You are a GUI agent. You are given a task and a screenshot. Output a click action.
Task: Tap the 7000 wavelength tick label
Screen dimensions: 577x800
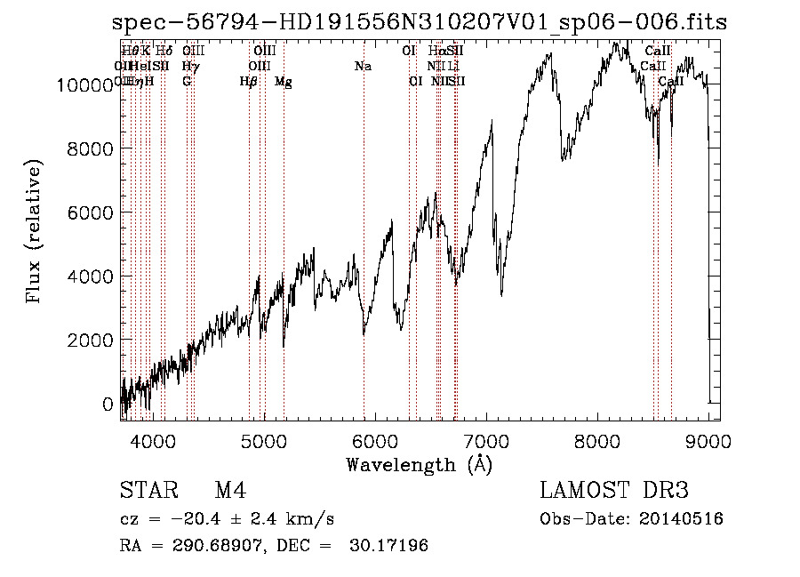point(486,439)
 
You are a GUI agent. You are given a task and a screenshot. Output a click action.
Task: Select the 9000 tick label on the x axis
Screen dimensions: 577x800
point(708,439)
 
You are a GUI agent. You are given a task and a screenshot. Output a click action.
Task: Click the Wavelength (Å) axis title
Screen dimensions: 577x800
point(419,464)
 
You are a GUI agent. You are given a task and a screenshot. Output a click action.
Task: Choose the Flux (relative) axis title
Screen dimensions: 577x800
point(36,233)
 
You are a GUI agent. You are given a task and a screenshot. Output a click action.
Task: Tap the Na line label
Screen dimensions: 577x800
point(363,67)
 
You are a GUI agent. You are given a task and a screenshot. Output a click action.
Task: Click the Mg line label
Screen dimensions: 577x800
point(284,82)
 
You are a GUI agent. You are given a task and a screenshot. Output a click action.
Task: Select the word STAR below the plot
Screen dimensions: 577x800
point(148,491)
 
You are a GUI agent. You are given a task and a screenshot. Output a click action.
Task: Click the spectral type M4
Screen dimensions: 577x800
point(230,491)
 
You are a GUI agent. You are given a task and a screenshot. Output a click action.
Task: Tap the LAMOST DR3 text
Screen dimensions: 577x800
point(614,491)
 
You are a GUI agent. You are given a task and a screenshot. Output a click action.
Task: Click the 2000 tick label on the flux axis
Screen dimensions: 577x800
point(92,341)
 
